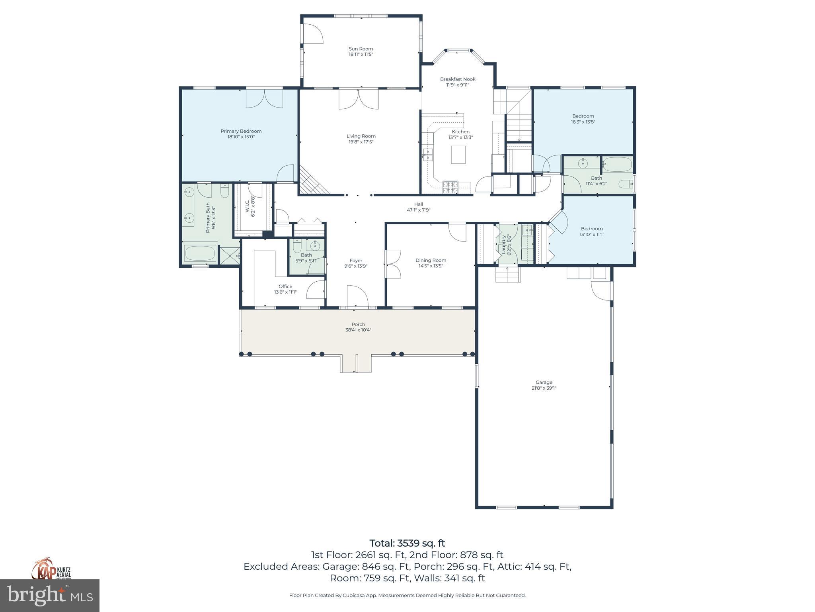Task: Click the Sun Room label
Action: click(361, 49)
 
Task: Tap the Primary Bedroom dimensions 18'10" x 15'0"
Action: click(241, 137)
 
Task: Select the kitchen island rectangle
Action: click(458, 155)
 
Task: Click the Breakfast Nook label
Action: click(458, 79)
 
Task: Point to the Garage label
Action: click(544, 382)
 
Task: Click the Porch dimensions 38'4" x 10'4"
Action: click(358, 330)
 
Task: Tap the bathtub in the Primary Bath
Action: click(201, 253)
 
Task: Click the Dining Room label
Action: click(431, 260)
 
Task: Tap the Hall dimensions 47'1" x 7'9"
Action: click(418, 210)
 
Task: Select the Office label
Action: click(285, 286)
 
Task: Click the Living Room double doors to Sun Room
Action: click(359, 99)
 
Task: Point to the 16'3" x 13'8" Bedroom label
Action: click(583, 116)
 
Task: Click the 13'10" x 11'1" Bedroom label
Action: click(591, 228)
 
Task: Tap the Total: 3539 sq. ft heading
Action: click(407, 543)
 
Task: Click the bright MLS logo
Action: click(50, 596)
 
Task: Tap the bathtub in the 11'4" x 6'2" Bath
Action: click(617, 164)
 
